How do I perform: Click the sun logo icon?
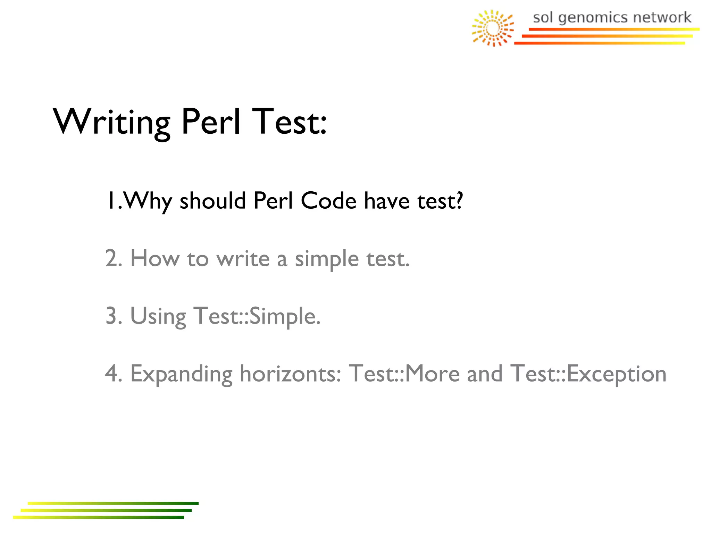(x=492, y=28)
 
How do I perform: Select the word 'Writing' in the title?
(x=111, y=122)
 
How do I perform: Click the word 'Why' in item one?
(x=148, y=201)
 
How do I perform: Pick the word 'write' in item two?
(x=243, y=259)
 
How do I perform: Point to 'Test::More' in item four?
(x=404, y=374)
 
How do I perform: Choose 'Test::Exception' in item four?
(x=588, y=374)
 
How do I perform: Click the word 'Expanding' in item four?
(x=181, y=374)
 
